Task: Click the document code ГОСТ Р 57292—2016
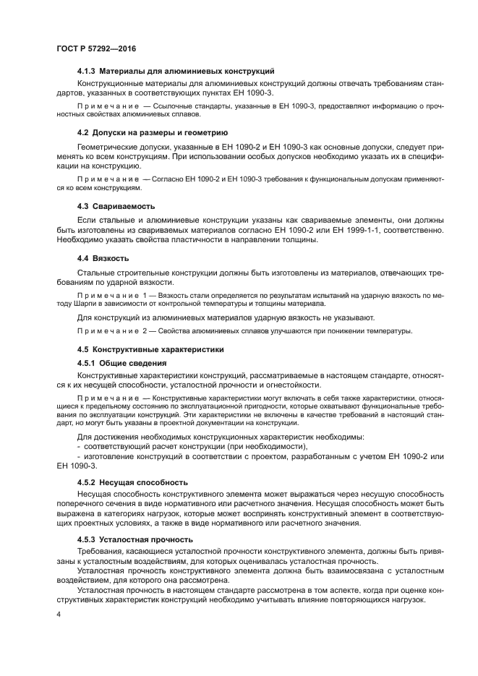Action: coord(95,48)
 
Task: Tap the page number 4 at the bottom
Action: coord(58,615)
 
